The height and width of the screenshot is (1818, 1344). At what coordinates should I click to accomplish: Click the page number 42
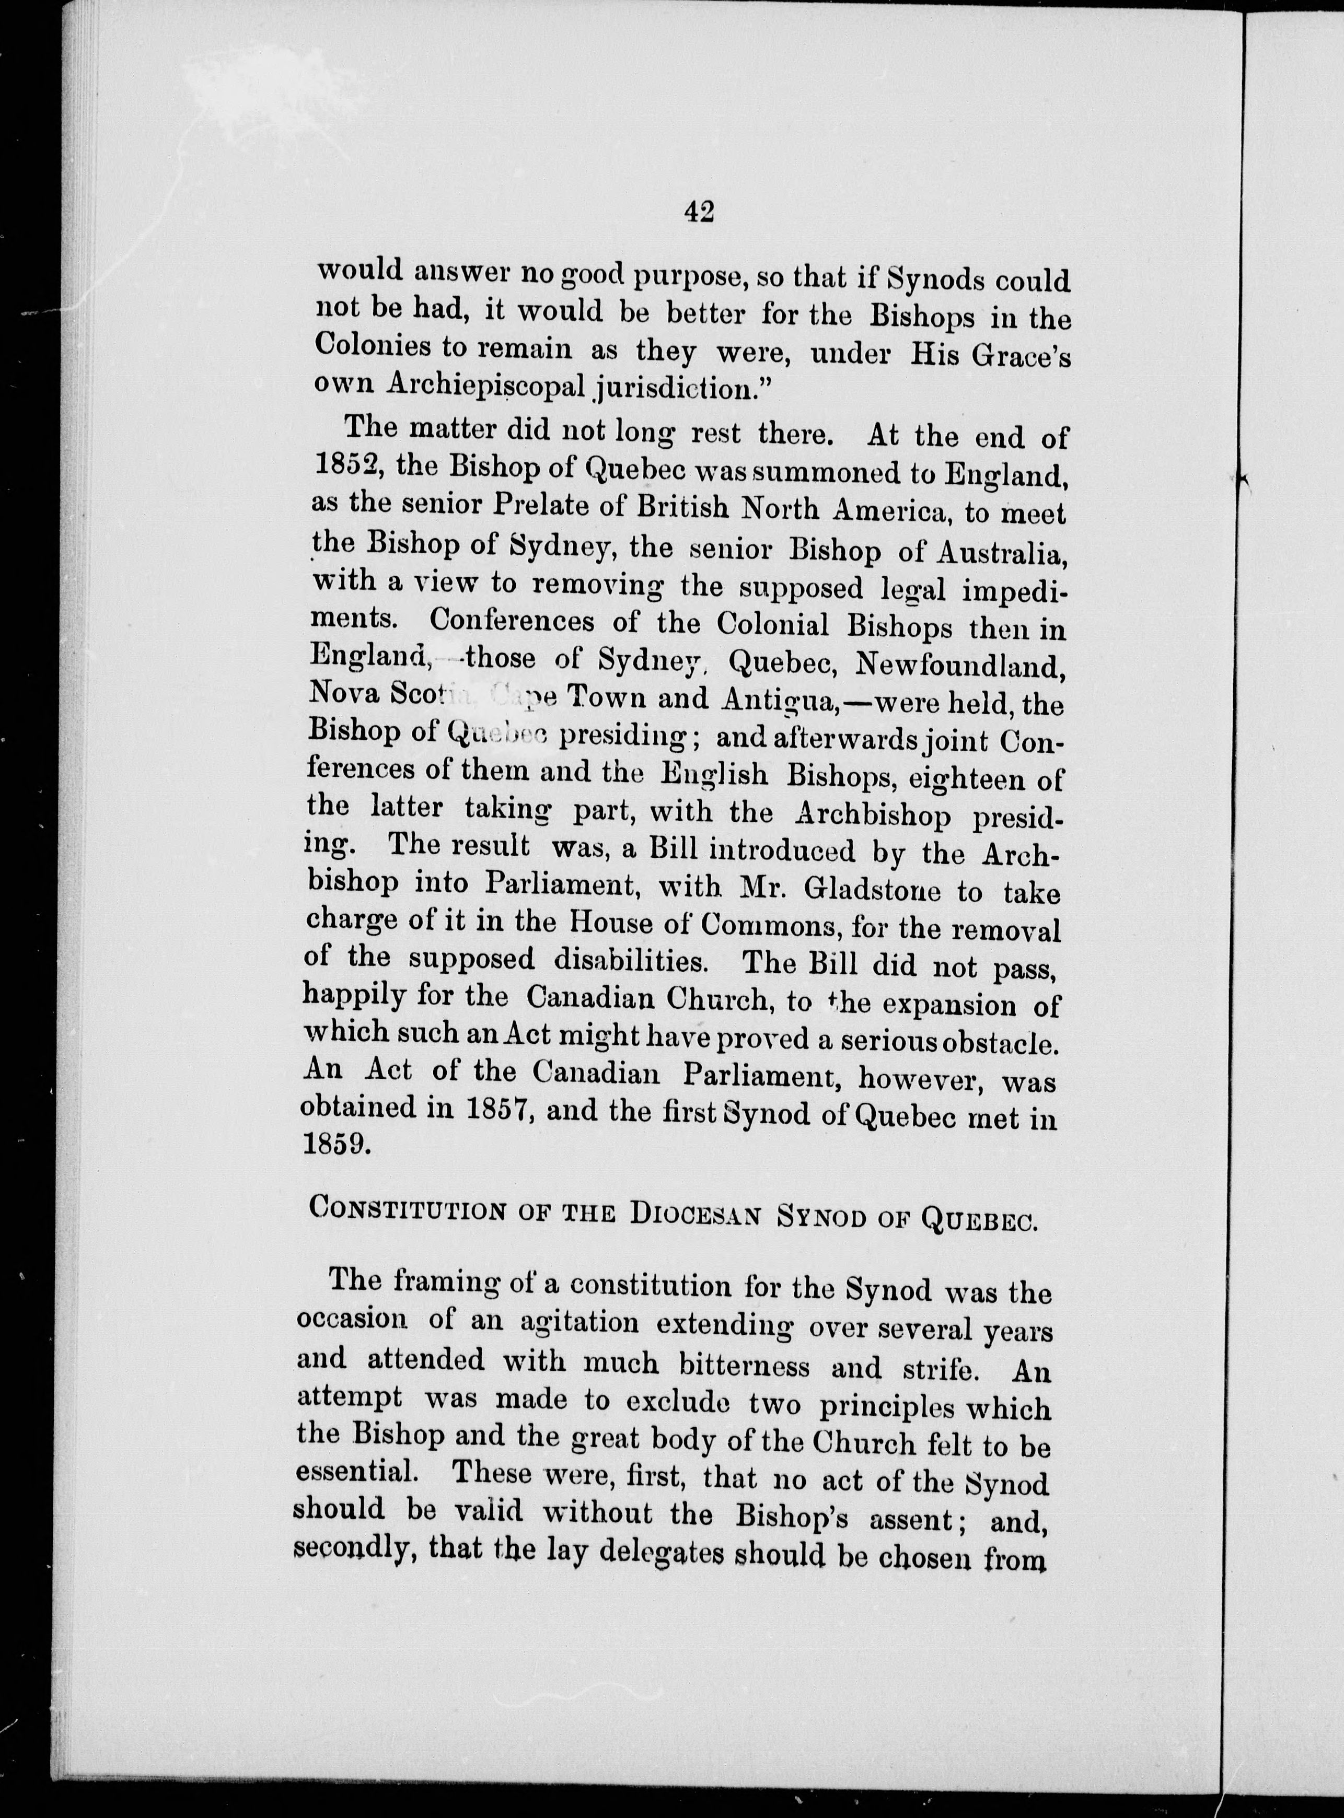699,212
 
